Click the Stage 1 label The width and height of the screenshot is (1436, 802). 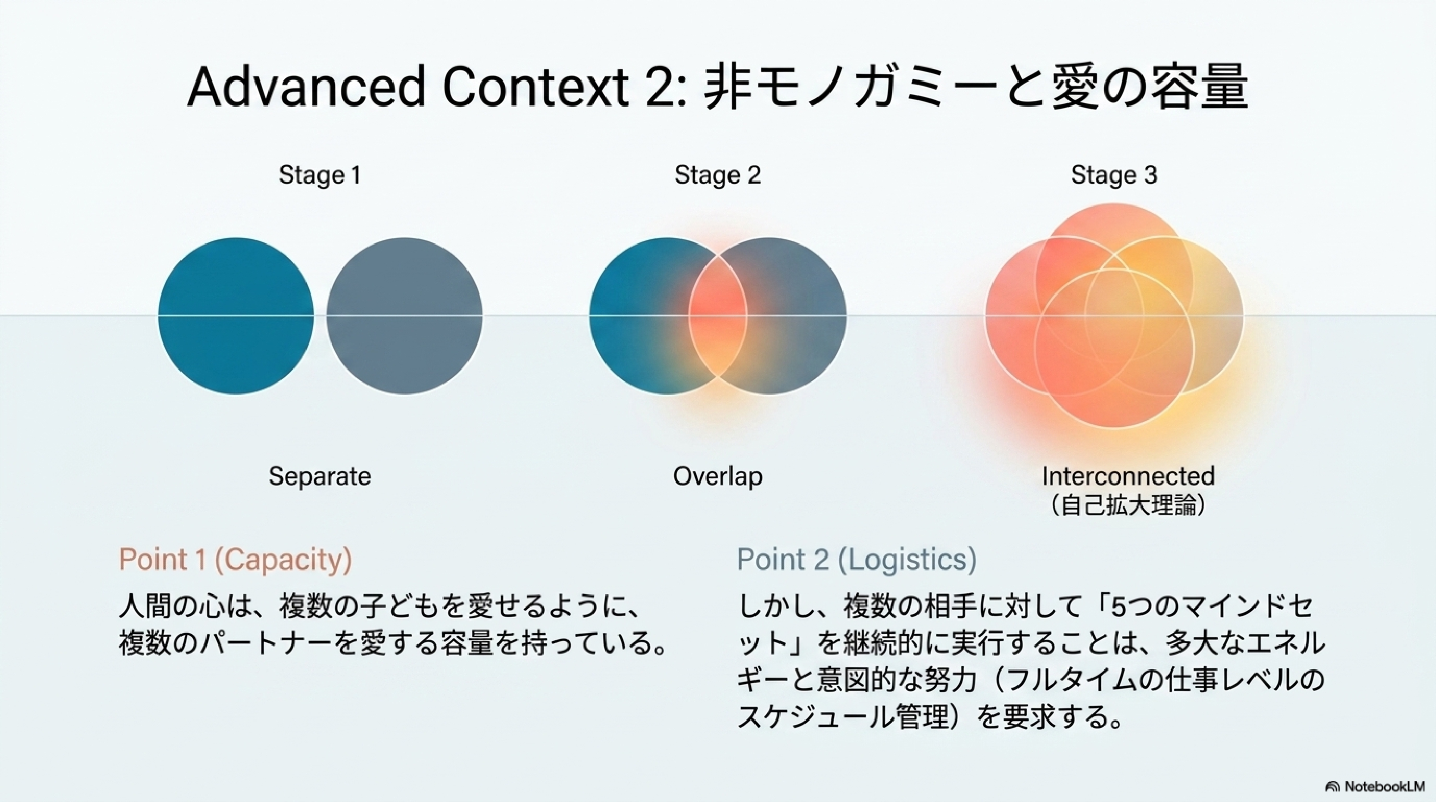320,175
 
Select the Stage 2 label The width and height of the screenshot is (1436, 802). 717,175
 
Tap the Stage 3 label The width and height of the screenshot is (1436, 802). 1114,175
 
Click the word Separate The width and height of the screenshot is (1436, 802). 320,476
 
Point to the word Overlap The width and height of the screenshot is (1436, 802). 717,477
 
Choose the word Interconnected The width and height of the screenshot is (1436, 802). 1128,476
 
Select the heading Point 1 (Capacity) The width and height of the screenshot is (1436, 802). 235,559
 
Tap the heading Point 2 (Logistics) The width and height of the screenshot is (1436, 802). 857,559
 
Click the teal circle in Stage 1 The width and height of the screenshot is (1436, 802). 236,316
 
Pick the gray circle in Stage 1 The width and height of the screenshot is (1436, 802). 405,316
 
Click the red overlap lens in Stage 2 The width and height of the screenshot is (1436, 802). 717,316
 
